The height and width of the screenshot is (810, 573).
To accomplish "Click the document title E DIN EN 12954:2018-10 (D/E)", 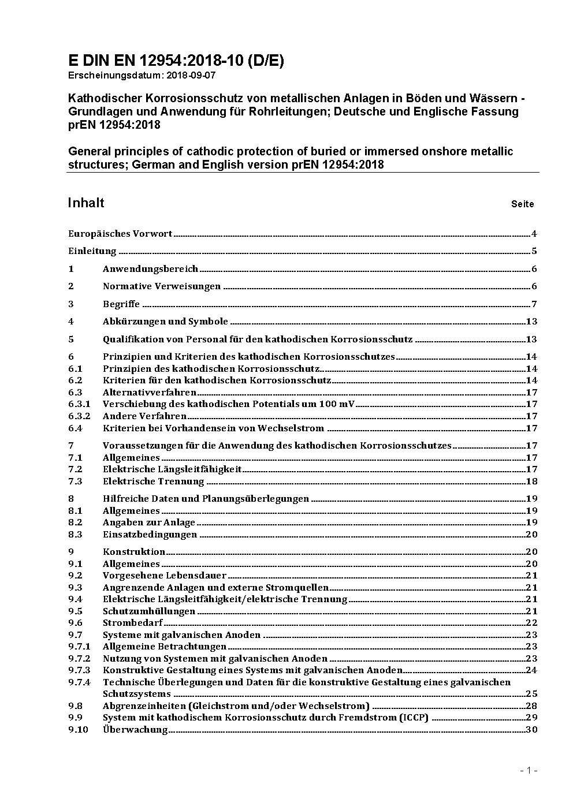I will [176, 61].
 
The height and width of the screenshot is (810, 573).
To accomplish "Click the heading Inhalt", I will [86, 203].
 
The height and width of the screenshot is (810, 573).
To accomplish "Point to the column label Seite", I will [522, 204].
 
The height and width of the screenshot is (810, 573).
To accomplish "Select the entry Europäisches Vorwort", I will [120, 234].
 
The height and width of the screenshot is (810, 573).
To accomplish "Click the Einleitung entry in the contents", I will [92, 251].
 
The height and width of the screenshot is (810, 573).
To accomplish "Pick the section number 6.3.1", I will [79, 404].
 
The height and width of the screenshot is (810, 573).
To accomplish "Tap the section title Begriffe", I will [121, 304].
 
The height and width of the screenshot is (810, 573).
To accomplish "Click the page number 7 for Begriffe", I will [534, 304].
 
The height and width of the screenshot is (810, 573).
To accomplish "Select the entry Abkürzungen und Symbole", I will [165, 322].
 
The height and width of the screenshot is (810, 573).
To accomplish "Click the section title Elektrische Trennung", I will [154, 481].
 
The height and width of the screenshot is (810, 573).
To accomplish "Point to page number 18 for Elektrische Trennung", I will [531, 481].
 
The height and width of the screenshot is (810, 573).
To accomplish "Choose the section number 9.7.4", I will [79, 682].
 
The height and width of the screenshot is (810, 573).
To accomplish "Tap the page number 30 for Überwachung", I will [531, 729].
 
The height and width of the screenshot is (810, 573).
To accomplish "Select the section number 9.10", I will [78, 729].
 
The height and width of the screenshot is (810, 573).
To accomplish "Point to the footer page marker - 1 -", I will [529, 770].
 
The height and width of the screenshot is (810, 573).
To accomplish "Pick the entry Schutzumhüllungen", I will [149, 611].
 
